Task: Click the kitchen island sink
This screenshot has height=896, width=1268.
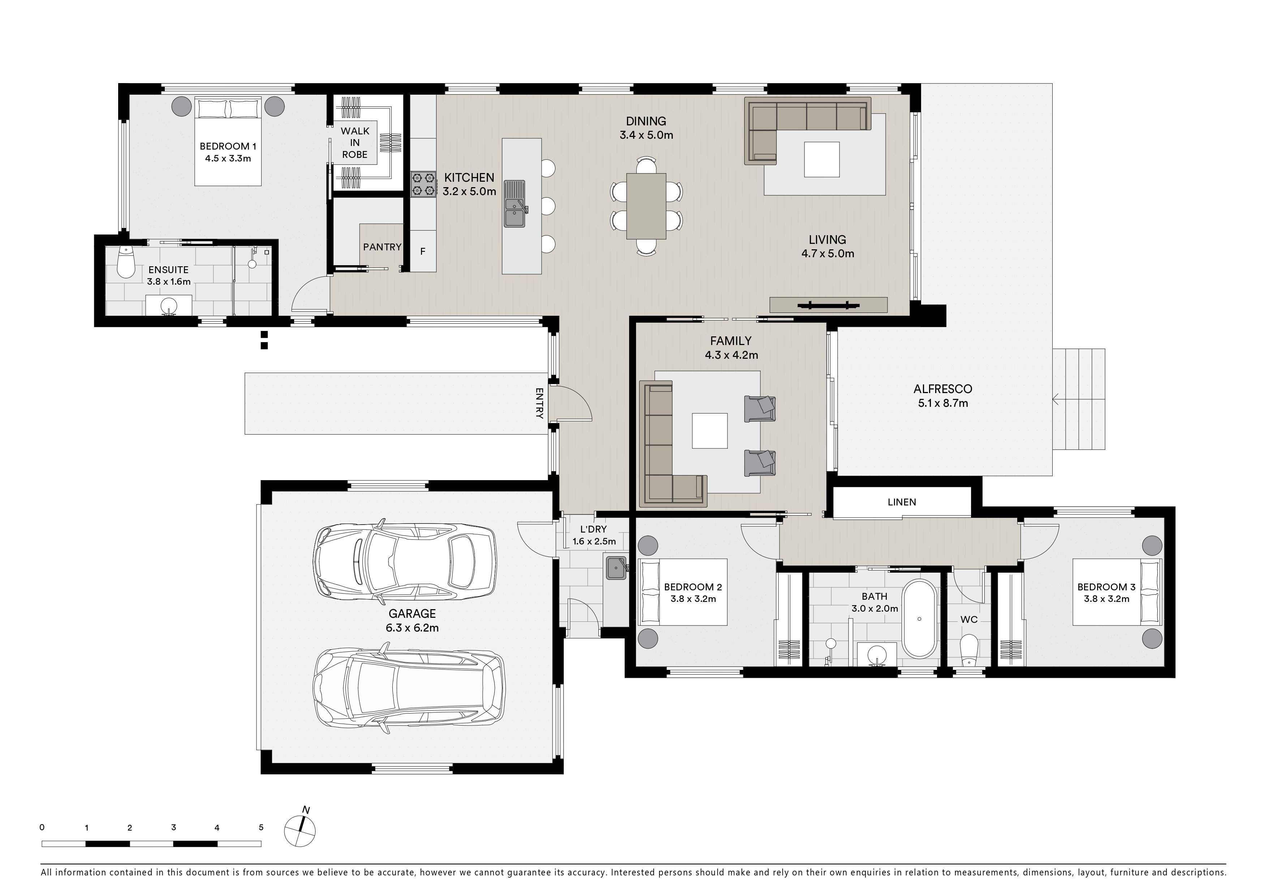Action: pos(515,204)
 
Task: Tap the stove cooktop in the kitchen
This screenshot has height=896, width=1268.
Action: pos(423,184)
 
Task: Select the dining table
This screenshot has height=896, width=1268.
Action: pos(646,206)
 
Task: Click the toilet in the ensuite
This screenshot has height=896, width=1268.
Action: pos(126,263)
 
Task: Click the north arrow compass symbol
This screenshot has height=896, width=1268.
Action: pos(300,828)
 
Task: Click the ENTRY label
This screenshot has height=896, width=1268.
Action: pos(540,403)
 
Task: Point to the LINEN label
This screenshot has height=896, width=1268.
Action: pos(902,502)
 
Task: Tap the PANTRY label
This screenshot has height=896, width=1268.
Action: pos(382,247)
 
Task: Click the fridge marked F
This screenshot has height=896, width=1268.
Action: pos(423,251)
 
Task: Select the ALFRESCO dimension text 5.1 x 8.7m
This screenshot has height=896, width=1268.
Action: pos(943,403)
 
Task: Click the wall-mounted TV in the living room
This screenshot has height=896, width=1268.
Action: pos(828,305)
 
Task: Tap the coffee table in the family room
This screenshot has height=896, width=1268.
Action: pos(710,431)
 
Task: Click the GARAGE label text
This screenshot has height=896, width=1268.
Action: pos(412,613)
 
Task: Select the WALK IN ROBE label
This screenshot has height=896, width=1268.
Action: pos(354,142)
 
